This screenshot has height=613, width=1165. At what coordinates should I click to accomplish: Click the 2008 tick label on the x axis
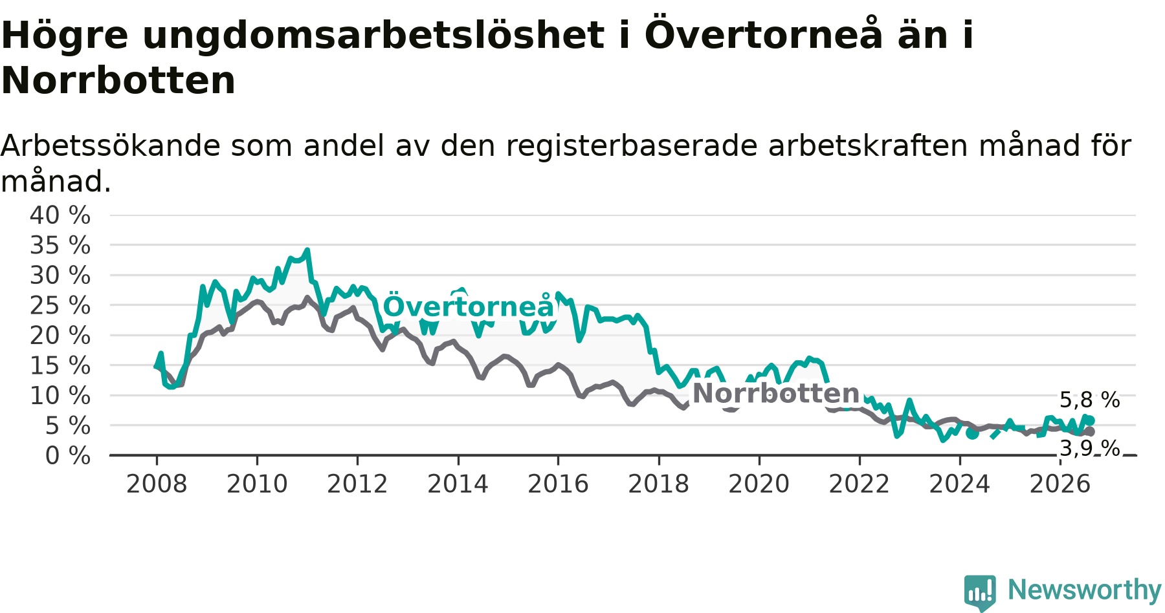[157, 484]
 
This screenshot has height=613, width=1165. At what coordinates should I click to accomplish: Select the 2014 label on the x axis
[458, 484]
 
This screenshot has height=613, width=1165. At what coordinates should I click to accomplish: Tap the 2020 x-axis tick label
[759, 484]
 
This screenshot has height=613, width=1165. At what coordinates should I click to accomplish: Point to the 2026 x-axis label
[1060, 484]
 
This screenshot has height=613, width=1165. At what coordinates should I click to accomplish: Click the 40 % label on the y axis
[60, 215]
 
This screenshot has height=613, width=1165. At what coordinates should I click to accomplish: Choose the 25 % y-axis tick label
[60, 305]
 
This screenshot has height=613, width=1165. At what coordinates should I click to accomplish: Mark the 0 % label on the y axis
[68, 456]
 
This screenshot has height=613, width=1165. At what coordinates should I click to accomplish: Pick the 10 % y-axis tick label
[60, 395]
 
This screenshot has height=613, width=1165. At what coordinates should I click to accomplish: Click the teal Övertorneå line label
[469, 306]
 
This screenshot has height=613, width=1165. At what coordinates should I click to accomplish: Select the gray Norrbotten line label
[776, 393]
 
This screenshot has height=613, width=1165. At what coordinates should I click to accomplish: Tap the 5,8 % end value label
[1090, 400]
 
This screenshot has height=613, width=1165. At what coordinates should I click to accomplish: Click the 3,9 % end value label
[1090, 448]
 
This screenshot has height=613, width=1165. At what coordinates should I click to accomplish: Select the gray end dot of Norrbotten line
[1090, 431]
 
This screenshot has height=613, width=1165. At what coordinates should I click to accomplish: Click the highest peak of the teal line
[307, 250]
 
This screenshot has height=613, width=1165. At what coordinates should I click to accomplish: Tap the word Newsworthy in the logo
[1085, 590]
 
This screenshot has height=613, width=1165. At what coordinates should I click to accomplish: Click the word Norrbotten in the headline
[118, 80]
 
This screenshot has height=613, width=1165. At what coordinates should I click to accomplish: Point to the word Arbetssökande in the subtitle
[111, 146]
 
